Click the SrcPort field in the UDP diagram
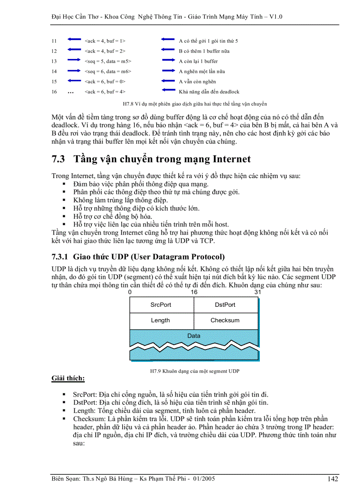point(161,305)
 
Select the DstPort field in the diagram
point(225,305)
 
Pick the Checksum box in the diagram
point(225,320)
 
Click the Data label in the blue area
point(194,336)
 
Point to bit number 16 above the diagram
point(194,292)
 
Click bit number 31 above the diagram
point(258,292)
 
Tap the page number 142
point(333,480)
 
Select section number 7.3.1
point(60,257)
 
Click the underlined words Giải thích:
point(68,378)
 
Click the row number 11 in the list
point(54,41)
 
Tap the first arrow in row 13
point(75,61)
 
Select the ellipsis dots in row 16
point(71,92)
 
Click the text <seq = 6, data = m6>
point(108,71)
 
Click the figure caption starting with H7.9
point(195,371)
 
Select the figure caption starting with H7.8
point(195,104)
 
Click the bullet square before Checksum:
point(64,418)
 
